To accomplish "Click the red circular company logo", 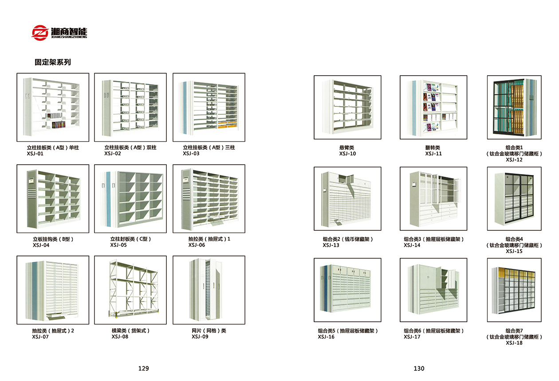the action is (40, 33).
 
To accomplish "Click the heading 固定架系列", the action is (53, 62).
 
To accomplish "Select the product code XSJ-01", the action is (35, 154).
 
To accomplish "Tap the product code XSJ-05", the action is (118, 245).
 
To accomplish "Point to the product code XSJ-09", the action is (200, 337).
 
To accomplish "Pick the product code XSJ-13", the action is (331, 245).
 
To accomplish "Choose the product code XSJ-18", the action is (514, 343).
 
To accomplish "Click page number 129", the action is (143, 368).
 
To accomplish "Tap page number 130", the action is (419, 368).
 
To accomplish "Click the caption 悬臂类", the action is (346, 148).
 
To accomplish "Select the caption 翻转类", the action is (433, 148).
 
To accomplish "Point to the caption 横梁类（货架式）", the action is (130, 330).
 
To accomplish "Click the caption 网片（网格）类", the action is (209, 330).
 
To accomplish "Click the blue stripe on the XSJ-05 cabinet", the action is (108, 199).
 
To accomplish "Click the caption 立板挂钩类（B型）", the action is (53, 239).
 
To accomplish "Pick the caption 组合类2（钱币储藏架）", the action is (348, 239).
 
